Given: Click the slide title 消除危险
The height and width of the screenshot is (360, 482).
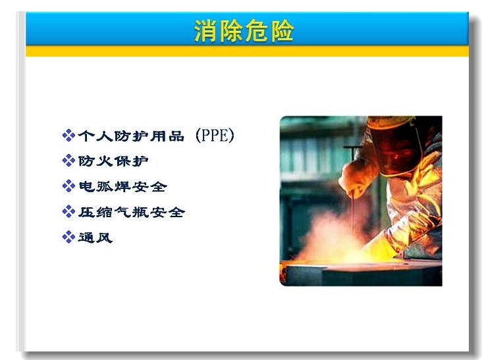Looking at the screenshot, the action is pyautogui.click(x=244, y=30).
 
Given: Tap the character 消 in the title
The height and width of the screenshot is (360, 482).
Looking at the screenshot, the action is pyautogui.click(x=205, y=31).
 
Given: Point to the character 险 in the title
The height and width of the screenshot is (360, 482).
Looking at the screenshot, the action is pyautogui.click(x=282, y=31).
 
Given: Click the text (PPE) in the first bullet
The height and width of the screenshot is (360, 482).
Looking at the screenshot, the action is pyautogui.click(x=215, y=136).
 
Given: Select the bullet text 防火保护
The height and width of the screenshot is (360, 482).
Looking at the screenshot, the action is pyautogui.click(x=113, y=161).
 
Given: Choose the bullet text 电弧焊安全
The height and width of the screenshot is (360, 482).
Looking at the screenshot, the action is pyautogui.click(x=122, y=186).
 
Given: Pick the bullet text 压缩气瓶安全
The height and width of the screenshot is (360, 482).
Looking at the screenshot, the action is pyautogui.click(x=132, y=212).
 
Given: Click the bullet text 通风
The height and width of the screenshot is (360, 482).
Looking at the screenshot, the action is pyautogui.click(x=95, y=238).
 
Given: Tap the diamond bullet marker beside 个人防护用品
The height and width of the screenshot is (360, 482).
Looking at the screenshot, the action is pyautogui.click(x=68, y=136).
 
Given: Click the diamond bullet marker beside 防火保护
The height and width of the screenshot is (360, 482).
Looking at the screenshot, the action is pyautogui.click(x=68, y=161).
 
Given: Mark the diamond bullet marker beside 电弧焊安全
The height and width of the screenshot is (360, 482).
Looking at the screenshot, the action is pyautogui.click(x=68, y=186).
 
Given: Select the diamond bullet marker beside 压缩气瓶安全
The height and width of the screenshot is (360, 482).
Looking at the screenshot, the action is pyautogui.click(x=68, y=212).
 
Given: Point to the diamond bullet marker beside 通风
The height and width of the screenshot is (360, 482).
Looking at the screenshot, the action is pyautogui.click(x=68, y=237).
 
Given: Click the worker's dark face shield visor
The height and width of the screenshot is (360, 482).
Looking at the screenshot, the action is pyautogui.click(x=396, y=150).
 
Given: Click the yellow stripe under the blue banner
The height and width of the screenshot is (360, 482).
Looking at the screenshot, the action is pyautogui.click(x=248, y=51).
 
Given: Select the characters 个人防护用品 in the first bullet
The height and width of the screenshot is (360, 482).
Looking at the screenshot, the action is pyautogui.click(x=131, y=136).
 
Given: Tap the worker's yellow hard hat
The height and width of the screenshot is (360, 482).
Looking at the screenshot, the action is pyautogui.click(x=390, y=122).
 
